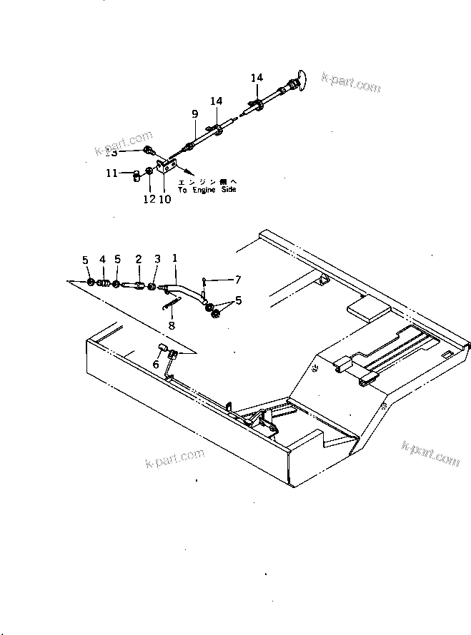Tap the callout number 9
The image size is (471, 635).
click(x=194, y=113)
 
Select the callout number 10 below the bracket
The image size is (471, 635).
click(x=164, y=200)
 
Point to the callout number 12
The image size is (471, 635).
click(x=149, y=200)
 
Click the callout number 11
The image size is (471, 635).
click(x=111, y=173)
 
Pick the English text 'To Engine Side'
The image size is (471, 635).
click(x=207, y=190)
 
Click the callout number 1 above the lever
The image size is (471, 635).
click(x=175, y=258)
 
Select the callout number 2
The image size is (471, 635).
click(x=139, y=259)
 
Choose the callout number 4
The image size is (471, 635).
click(x=102, y=259)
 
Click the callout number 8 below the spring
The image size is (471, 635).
click(x=171, y=325)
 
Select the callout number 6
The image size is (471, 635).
click(x=156, y=364)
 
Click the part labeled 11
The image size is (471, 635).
click(x=134, y=178)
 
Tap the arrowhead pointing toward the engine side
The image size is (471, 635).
click(x=190, y=173)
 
